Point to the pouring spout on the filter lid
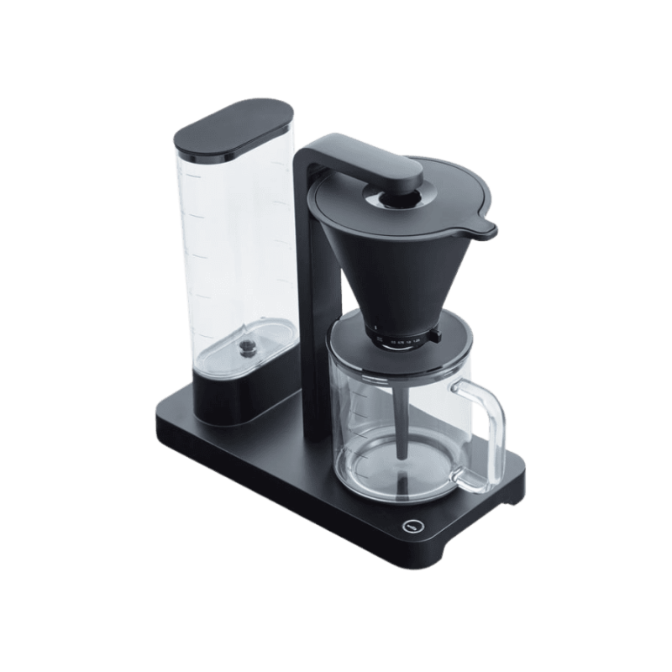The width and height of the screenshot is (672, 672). tap(486, 226)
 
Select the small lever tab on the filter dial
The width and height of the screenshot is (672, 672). tap(434, 336)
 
